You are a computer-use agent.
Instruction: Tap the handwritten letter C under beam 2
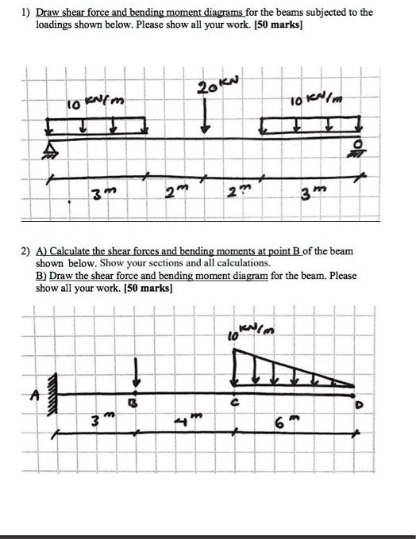[x=234, y=405]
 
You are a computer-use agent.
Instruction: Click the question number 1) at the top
[x=26, y=13]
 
